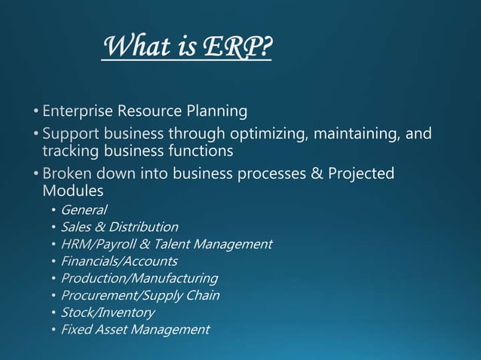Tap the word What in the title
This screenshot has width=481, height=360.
point(132,47)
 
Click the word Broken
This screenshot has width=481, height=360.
point(67,174)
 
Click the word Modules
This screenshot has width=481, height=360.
point(72,191)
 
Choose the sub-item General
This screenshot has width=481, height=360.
point(84,210)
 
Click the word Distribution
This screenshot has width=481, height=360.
point(143,227)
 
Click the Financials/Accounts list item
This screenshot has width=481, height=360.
point(119,261)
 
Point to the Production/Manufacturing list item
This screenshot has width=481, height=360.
point(139,279)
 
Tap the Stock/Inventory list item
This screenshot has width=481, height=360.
point(107,313)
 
